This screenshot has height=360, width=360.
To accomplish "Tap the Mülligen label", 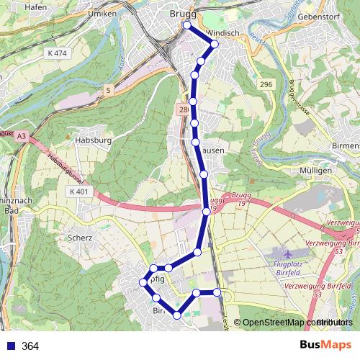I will click(314, 170).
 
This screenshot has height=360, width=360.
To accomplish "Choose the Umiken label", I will click(100, 14).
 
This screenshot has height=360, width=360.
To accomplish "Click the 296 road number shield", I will click(266, 85).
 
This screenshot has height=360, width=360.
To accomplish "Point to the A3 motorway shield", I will click(22, 135).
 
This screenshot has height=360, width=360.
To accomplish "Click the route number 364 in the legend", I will click(30, 346).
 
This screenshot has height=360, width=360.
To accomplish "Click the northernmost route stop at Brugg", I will click(187, 25).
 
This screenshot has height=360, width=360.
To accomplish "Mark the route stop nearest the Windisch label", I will click(214, 44).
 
